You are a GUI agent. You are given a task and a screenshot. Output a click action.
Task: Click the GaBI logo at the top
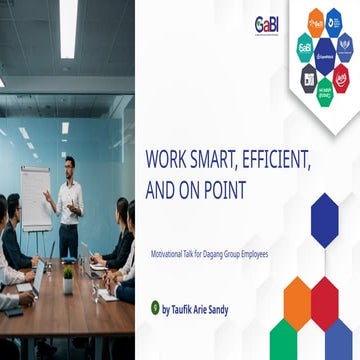click(x=266, y=25)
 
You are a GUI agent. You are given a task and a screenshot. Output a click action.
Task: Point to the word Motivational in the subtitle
click(x=172, y=253)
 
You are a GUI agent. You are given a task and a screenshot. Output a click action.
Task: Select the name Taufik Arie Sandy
click(x=195, y=310)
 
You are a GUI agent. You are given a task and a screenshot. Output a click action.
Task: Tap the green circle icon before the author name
click(x=154, y=309)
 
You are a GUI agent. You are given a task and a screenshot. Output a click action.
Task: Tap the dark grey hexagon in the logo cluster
click(x=308, y=77)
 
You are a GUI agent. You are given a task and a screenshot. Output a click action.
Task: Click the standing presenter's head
click(x=69, y=163)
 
